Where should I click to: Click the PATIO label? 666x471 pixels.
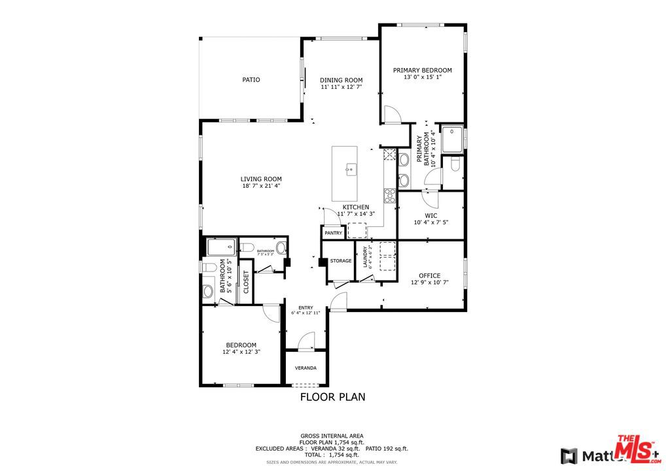(x=251, y=80)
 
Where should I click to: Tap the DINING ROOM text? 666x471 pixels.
(x=341, y=80)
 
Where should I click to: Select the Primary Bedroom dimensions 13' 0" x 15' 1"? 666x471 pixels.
(x=422, y=77)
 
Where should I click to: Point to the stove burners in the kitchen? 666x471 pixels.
(x=389, y=194)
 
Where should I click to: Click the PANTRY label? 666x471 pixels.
(x=333, y=233)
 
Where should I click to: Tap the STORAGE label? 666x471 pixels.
(x=340, y=261)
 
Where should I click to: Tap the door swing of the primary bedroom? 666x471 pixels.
(x=391, y=114)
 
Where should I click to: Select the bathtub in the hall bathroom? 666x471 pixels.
(x=221, y=247)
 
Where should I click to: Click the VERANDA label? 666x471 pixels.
(x=306, y=368)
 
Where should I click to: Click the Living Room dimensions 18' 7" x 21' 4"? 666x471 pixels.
(x=260, y=186)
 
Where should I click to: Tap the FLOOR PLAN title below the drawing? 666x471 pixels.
(x=332, y=396)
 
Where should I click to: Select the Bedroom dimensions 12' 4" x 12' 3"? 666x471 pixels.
(x=241, y=352)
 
